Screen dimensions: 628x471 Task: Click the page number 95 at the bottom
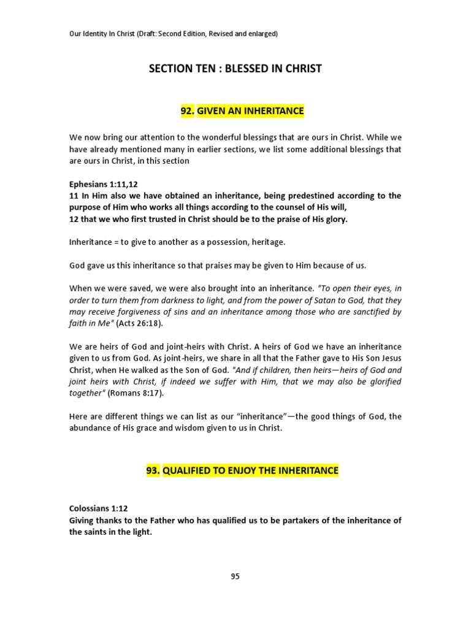(x=235, y=576)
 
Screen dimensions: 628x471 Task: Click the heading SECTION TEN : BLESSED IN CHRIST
(x=235, y=69)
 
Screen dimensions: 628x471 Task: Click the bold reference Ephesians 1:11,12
(x=102, y=184)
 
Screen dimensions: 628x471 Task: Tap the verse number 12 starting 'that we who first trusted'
(x=74, y=219)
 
